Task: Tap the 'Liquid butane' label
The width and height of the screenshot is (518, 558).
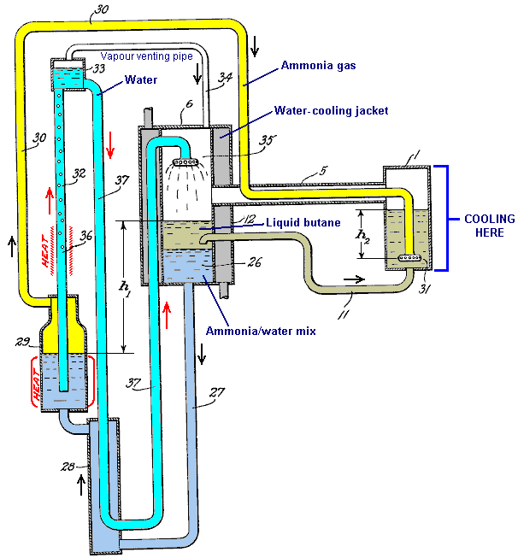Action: click(x=303, y=224)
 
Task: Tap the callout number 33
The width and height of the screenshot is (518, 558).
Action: click(x=98, y=69)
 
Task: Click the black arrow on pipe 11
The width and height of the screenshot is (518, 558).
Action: click(x=351, y=278)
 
